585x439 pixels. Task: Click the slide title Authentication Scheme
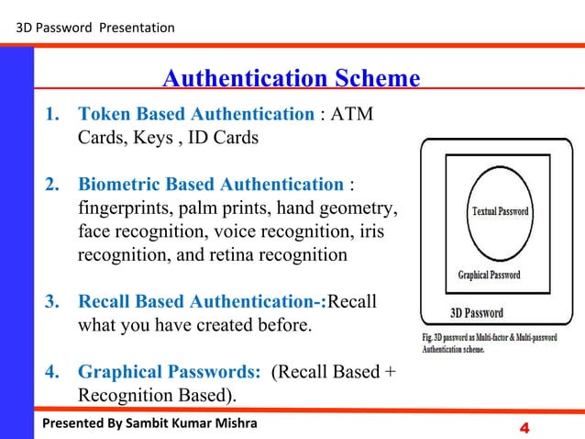(x=291, y=79)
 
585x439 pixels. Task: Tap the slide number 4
(x=525, y=427)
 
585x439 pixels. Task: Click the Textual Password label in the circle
(x=500, y=211)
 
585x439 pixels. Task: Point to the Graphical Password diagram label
(x=489, y=275)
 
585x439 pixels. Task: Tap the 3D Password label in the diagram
(x=476, y=311)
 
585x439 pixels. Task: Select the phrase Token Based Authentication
(x=196, y=115)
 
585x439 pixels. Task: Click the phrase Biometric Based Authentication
(x=211, y=185)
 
